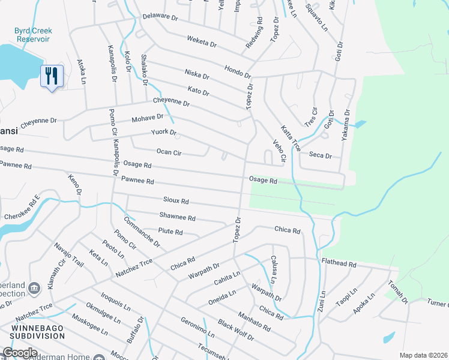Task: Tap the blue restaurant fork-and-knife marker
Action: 51,76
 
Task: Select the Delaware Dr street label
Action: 160,17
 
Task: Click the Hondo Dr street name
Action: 237,71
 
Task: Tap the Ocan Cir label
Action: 168,152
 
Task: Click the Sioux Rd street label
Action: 176,201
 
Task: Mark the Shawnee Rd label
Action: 177,217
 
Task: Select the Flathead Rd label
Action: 339,263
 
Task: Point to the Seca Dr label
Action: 320,155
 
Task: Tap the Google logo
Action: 20,353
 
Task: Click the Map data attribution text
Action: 423,355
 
